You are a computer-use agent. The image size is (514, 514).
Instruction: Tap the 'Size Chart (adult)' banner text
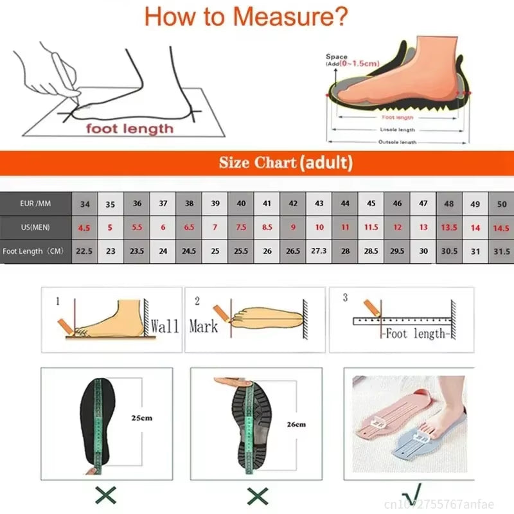286,163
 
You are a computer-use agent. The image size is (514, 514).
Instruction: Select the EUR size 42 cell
293,204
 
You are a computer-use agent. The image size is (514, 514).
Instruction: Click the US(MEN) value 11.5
371,227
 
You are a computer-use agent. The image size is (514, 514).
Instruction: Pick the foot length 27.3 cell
319,251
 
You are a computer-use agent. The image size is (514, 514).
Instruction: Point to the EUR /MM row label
35,204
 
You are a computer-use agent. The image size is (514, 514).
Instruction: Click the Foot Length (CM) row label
35,251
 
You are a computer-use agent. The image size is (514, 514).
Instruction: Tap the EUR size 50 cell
501,204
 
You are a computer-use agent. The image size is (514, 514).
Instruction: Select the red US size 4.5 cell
85,227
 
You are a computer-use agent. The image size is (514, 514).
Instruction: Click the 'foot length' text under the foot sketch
130,128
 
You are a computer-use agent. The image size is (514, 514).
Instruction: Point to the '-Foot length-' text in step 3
414,334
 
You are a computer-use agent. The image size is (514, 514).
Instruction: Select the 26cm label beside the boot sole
296,424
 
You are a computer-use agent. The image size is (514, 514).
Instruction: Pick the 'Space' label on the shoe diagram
336,57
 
